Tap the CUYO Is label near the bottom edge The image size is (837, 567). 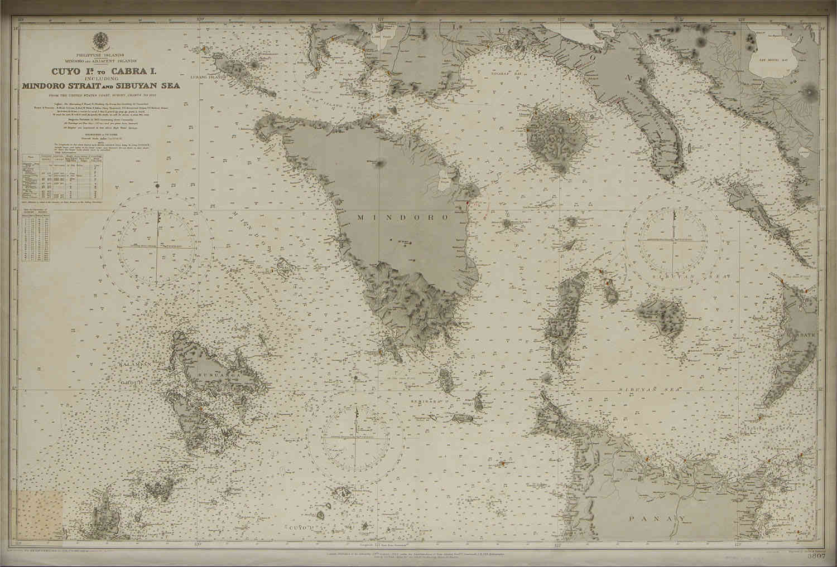[x=302, y=527]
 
